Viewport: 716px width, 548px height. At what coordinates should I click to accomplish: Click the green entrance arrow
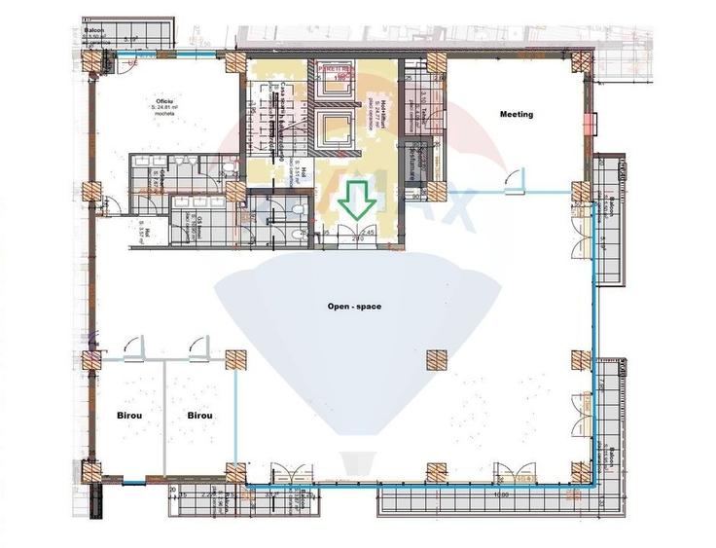tap(357, 202)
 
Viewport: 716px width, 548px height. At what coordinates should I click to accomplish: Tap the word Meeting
tap(517, 115)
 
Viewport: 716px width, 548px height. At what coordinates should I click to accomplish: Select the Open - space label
tap(354, 307)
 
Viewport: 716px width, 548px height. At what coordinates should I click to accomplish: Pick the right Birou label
tap(200, 416)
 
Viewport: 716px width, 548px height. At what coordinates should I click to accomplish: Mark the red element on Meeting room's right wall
tap(590, 125)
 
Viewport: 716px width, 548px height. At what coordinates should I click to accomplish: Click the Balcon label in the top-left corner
tap(93, 31)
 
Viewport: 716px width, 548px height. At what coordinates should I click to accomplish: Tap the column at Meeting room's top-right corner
tap(582, 61)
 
